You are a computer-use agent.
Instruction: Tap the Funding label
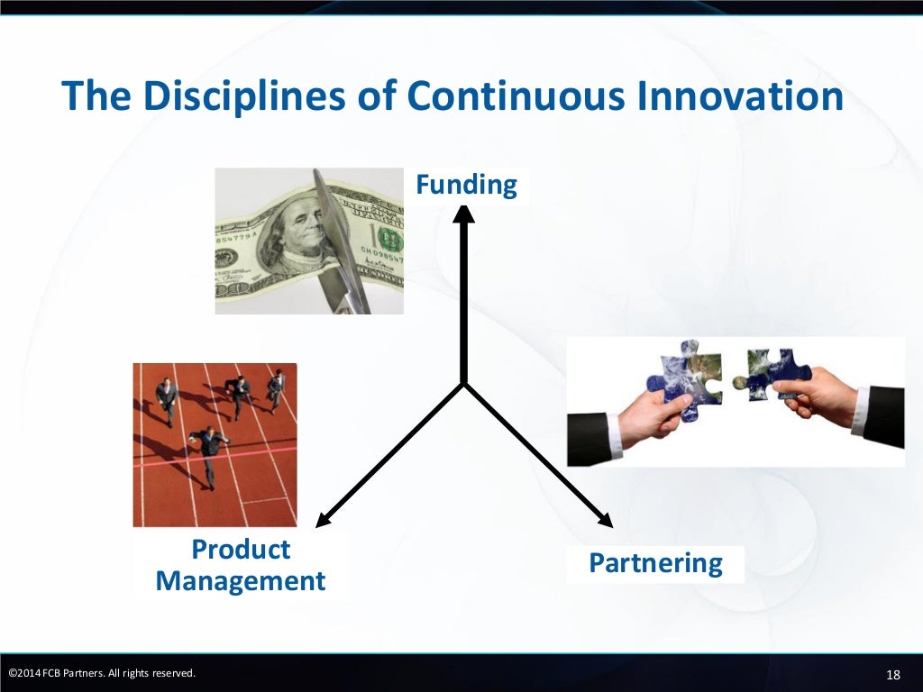tap(466, 186)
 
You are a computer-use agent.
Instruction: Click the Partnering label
tap(655, 563)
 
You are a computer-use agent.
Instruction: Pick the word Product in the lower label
tap(241, 549)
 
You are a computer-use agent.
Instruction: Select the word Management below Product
tap(241, 580)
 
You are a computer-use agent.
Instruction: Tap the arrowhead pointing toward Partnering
tap(605, 519)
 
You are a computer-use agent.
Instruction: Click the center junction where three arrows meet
tap(463, 385)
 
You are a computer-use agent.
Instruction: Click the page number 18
tap(893, 675)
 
